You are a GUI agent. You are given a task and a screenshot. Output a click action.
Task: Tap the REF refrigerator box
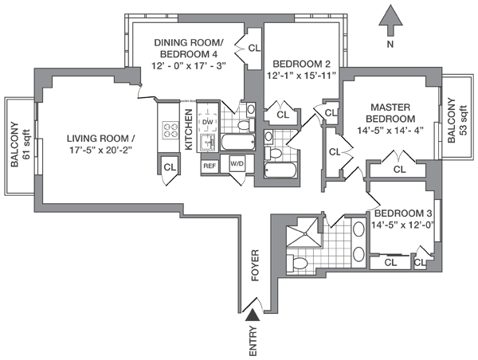(x=210, y=166)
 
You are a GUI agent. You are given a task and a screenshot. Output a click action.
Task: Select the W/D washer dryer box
(x=237, y=165)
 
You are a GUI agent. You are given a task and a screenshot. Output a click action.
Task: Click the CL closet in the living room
(x=170, y=166)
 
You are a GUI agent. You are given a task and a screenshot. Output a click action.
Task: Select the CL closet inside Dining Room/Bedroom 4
(x=254, y=48)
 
